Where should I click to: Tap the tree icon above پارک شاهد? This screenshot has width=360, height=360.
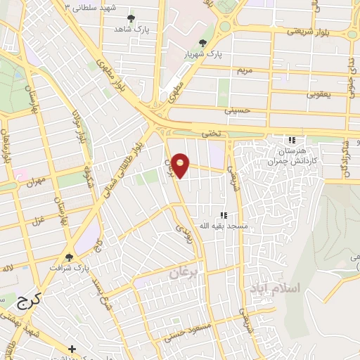point(131,18)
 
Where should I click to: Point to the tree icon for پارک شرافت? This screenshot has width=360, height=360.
point(69,258)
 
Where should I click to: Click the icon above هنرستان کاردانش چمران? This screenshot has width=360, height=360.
point(292,140)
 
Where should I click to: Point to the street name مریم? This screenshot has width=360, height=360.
point(245,71)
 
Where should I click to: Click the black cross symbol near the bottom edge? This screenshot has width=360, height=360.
point(72,349)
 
